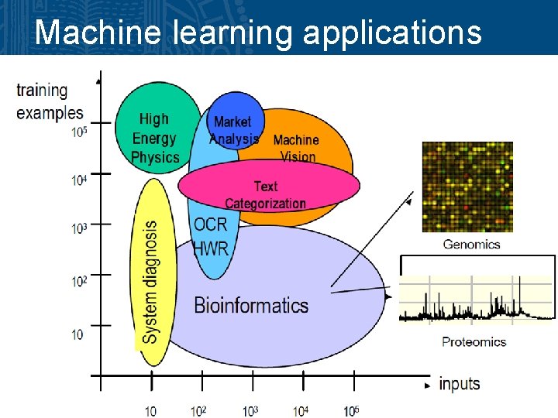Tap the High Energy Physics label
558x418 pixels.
(x=154, y=139)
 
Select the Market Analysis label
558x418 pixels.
(x=233, y=131)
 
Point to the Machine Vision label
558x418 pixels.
(x=296, y=148)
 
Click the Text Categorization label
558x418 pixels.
(x=266, y=195)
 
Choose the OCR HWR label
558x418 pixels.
(x=211, y=237)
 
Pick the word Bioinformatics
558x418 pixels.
(x=251, y=305)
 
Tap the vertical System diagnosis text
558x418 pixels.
(x=150, y=282)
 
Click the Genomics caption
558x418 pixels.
(x=471, y=245)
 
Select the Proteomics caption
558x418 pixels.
(x=474, y=341)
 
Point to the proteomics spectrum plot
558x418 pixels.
(x=477, y=298)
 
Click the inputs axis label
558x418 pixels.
(x=460, y=384)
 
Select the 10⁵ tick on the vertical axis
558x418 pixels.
(x=79, y=132)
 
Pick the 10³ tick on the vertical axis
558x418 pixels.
(x=79, y=228)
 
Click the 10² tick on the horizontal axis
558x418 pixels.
(x=199, y=410)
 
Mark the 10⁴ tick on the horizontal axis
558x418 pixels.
(x=300, y=410)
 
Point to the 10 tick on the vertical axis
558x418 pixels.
(x=77, y=334)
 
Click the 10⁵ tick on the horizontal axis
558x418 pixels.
(x=350, y=410)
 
